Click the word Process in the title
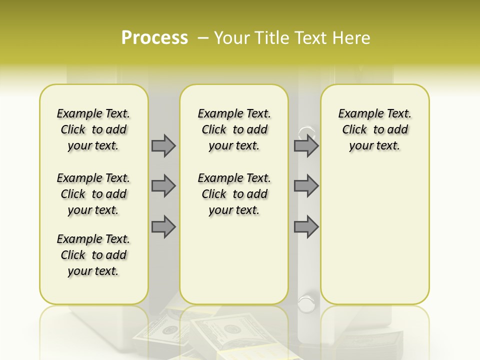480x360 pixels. point(154,38)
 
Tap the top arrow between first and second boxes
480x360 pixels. point(163,145)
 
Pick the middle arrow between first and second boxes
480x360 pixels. point(163,186)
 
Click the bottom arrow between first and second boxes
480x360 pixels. point(163,226)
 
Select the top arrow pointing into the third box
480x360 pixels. point(306,145)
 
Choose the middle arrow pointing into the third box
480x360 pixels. point(306,186)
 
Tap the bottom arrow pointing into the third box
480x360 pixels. point(306,226)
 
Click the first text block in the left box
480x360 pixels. point(93,129)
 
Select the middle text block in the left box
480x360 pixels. point(93,194)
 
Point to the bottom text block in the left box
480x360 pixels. point(93,255)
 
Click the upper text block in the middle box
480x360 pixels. point(234,129)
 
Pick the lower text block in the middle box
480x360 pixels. point(234,194)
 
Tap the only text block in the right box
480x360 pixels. point(374,129)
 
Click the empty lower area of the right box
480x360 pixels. point(374,235)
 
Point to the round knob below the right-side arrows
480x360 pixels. point(306,301)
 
